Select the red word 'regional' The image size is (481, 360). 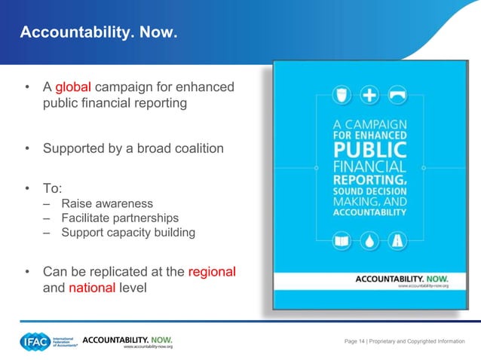[x=212, y=271]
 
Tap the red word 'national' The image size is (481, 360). [x=92, y=287]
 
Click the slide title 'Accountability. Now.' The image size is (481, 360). [x=98, y=33]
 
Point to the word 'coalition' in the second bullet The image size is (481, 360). [x=198, y=148]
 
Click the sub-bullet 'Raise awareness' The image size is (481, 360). [x=107, y=203]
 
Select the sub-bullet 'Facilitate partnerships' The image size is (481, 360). [x=120, y=218]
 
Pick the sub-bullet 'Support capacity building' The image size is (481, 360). [x=128, y=232]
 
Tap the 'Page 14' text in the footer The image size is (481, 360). [x=354, y=342]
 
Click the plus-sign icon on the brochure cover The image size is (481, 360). [x=369, y=96]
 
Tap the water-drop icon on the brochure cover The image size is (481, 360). [x=369, y=241]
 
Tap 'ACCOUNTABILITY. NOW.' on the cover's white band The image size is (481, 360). [x=391, y=279]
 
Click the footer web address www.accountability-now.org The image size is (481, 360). [x=148, y=347]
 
